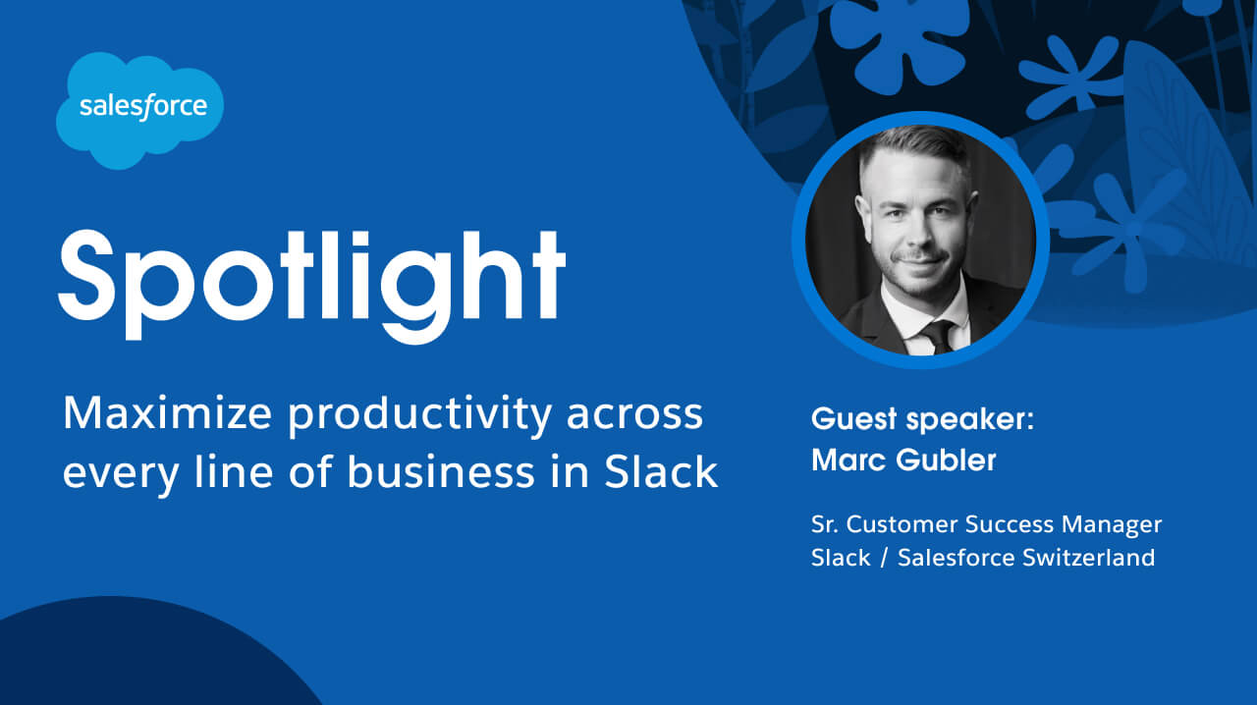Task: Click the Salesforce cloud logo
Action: [138, 109]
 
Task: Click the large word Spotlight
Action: [311, 272]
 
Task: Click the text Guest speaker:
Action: [923, 419]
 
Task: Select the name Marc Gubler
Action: [903, 460]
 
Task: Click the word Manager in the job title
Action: [1113, 525]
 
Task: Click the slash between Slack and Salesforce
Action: [884, 558]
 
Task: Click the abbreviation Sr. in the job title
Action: [826, 525]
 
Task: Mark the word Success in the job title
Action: [1016, 525]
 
